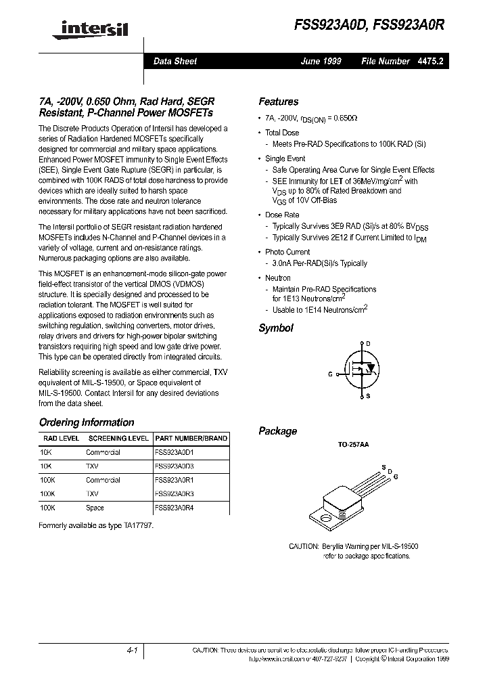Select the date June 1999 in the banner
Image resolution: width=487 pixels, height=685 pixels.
click(321, 62)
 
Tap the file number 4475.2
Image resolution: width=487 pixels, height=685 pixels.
click(430, 62)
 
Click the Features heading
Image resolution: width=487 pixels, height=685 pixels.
click(278, 102)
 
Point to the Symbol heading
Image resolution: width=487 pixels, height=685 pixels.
click(276, 328)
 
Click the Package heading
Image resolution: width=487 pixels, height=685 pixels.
click(277, 431)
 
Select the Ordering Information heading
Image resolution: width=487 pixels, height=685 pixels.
click(87, 422)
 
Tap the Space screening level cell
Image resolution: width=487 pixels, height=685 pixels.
click(95, 508)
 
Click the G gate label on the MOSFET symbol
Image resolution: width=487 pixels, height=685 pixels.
click(330, 374)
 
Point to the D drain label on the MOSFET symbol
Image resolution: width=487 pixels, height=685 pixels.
click(369, 345)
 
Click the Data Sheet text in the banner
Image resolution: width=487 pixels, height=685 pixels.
click(175, 62)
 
